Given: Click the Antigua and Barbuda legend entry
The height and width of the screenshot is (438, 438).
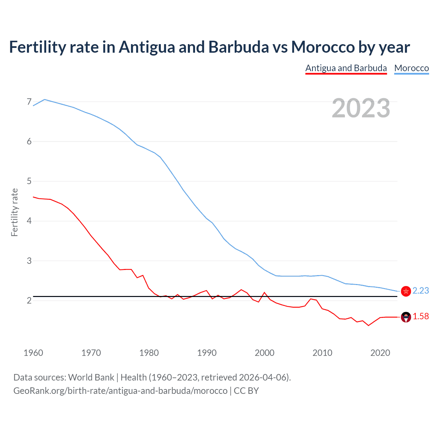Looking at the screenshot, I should pos(346,68).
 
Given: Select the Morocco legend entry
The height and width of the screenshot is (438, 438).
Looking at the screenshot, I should pos(411,68).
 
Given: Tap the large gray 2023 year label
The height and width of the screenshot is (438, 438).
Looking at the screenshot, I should pos(361,108).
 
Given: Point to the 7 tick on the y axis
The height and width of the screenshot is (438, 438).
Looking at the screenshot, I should pos(29,102).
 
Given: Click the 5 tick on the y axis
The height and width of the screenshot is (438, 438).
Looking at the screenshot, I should pos(29,181).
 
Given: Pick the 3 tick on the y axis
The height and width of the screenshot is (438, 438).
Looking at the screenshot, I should pos(29,261).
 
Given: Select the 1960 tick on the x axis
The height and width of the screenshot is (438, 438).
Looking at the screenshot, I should pos(33,353).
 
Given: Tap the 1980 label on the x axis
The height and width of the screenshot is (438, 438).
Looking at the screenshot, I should pos(149,353).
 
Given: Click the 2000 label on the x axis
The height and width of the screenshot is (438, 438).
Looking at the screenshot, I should pos(265,353).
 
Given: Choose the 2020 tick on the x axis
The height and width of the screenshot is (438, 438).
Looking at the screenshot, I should pos(380,353).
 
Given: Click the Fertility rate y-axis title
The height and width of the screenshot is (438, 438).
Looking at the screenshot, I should pos(14,212).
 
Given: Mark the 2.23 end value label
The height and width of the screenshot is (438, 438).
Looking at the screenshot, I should pos(421,291).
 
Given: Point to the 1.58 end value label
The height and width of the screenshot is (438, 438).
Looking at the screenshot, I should pos(421,317).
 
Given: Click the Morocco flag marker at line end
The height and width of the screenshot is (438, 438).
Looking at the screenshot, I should pos(406,291).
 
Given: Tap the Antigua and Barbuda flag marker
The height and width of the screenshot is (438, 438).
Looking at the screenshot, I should pos(406,317).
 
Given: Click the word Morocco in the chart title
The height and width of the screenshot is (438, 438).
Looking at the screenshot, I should pos(323,47).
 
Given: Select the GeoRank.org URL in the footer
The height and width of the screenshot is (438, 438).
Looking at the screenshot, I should pos(120,391).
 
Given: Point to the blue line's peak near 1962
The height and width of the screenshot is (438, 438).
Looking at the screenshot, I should pos(44,100).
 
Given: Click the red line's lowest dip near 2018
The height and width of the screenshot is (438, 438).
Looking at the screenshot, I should pos(369,325).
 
